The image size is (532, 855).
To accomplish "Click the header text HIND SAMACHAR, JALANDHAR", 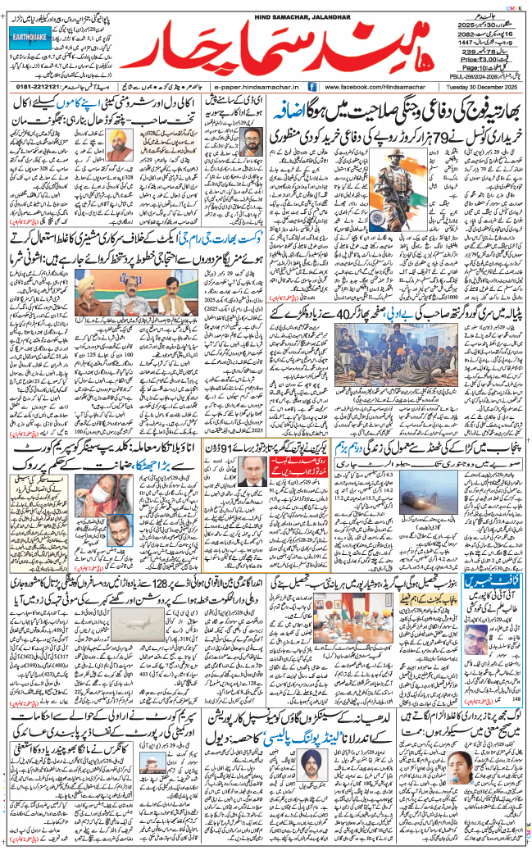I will pyautogui.click(x=266, y=6).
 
